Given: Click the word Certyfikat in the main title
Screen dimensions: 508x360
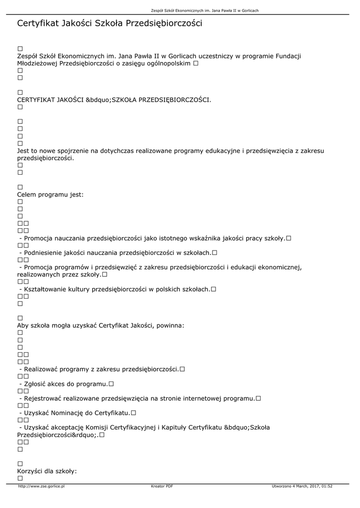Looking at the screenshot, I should click(x=38, y=23).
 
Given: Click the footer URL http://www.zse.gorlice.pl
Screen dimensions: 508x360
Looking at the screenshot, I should click(x=41, y=486).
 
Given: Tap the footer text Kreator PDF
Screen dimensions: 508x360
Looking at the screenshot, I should click(x=162, y=486).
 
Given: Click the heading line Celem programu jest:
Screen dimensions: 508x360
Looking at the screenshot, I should click(x=50, y=194).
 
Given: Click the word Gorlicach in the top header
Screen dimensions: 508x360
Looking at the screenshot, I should click(x=249, y=10).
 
